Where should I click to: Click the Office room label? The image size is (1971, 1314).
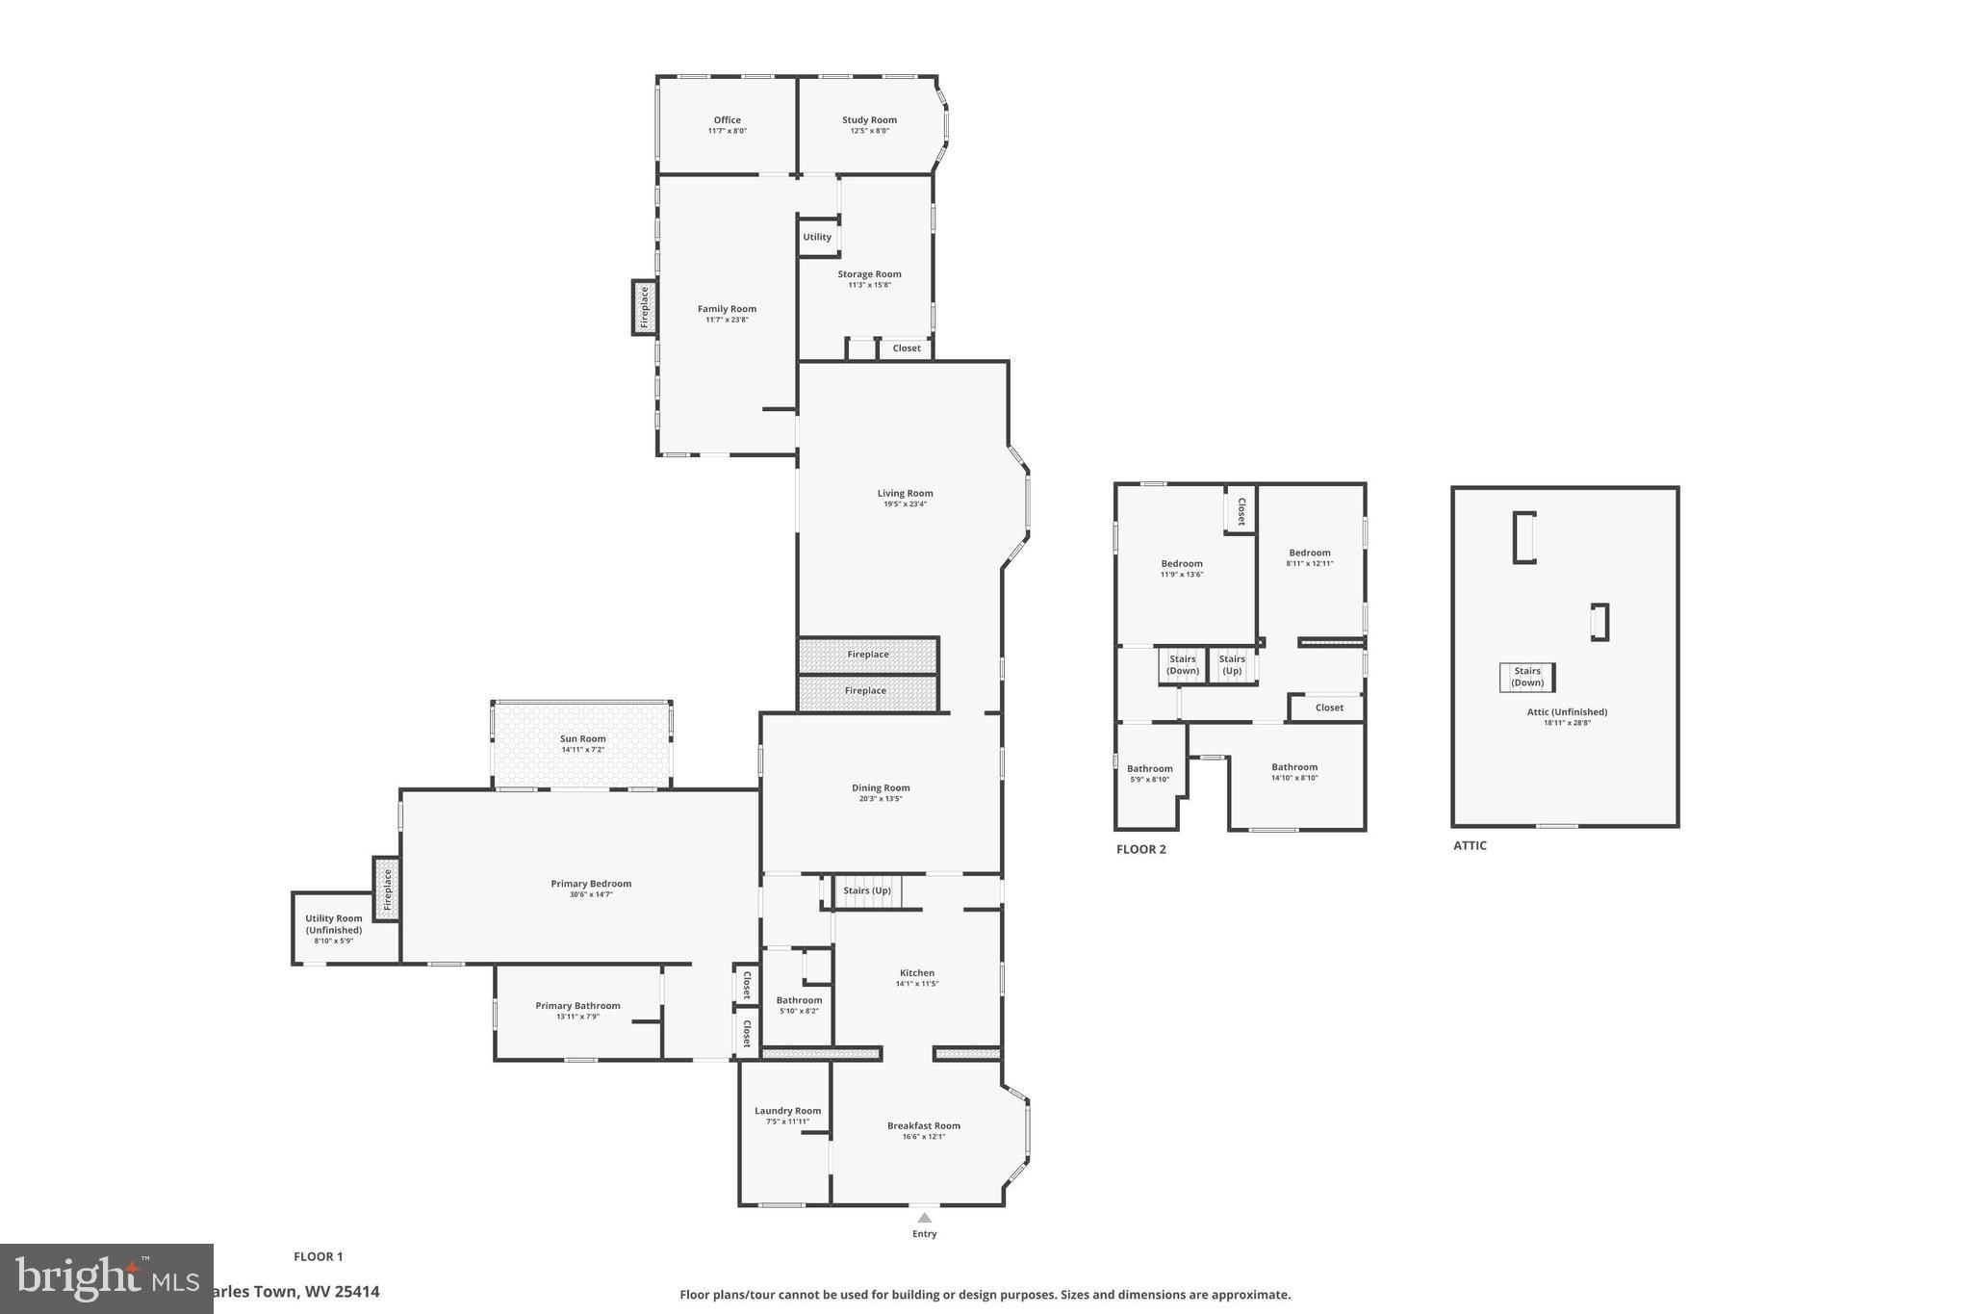pyautogui.click(x=727, y=120)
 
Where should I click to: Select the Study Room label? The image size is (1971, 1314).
pyautogui.click(x=869, y=120)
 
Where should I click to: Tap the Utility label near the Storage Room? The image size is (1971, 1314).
pyautogui.click(x=817, y=237)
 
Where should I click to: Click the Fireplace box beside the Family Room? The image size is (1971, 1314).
pyautogui.click(x=645, y=307)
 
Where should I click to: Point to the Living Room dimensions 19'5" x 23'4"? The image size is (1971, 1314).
pyautogui.click(x=905, y=504)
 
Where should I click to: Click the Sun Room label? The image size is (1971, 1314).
pyautogui.click(x=583, y=738)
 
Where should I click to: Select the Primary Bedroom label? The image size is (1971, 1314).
pyautogui.click(x=591, y=884)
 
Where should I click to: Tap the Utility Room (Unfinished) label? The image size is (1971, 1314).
pyautogui.click(x=334, y=924)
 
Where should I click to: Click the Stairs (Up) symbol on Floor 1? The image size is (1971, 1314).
pyautogui.click(x=867, y=890)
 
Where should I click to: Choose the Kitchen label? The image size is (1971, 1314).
pyautogui.click(x=917, y=973)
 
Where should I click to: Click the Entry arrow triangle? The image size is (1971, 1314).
pyautogui.click(x=924, y=1218)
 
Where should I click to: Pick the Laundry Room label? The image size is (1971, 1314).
pyautogui.click(x=787, y=1111)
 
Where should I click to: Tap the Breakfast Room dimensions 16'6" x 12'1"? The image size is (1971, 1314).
pyautogui.click(x=924, y=1137)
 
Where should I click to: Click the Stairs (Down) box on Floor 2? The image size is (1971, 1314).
pyautogui.click(x=1183, y=665)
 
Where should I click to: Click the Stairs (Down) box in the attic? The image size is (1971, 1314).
pyautogui.click(x=1527, y=677)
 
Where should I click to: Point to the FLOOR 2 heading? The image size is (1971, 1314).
pyautogui.click(x=1141, y=849)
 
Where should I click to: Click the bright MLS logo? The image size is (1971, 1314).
pyautogui.click(x=106, y=1278)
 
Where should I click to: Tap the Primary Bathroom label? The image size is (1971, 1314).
pyautogui.click(x=577, y=1006)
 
